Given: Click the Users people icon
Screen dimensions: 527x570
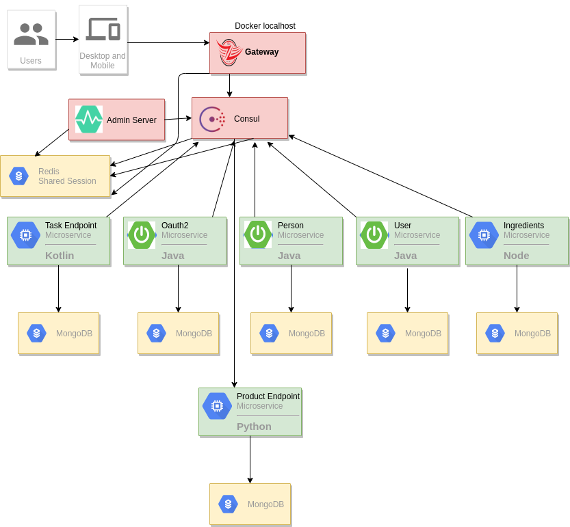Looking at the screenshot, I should click(x=31, y=33).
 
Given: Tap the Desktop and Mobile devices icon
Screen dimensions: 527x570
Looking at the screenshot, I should click(x=103, y=30).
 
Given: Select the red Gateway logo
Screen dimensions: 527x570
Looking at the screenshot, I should click(x=229, y=53).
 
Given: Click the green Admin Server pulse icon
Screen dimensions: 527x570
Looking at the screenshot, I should click(x=89, y=120).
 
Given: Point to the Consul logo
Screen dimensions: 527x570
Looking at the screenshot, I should click(x=212, y=119).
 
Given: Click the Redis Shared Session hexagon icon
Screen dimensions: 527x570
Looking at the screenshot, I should click(x=18, y=176).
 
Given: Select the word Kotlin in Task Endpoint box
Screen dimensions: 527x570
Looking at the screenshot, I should click(x=60, y=256).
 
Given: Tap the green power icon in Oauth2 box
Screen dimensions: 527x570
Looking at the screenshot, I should click(x=142, y=235).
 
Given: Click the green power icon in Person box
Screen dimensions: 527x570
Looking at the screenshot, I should click(x=258, y=235).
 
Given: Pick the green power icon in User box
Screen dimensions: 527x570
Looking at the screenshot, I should click(x=374, y=235).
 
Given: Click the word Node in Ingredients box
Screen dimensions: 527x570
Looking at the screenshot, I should click(x=516, y=256).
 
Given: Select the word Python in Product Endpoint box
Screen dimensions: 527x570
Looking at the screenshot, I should click(x=254, y=427).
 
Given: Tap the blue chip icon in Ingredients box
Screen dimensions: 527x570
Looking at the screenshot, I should click(x=484, y=235).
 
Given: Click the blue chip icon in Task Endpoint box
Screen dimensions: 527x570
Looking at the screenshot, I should click(x=25, y=235).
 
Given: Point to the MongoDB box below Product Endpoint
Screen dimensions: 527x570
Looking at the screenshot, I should click(x=250, y=504).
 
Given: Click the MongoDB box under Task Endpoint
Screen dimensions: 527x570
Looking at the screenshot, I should click(x=58, y=333).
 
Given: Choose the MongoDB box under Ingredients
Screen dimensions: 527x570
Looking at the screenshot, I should click(x=517, y=333).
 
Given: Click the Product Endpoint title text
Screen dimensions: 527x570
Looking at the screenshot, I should click(x=268, y=396).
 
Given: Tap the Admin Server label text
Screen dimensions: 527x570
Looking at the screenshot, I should click(x=131, y=120).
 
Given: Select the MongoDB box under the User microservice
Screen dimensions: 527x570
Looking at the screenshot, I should click(x=407, y=333).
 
